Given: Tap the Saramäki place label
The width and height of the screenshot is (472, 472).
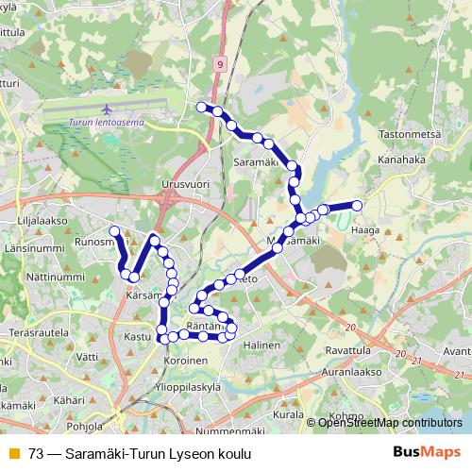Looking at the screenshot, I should click(x=254, y=162).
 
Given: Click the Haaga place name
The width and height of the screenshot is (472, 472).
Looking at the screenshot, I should click(x=364, y=228).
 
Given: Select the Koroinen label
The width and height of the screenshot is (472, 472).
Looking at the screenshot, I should click(x=185, y=360).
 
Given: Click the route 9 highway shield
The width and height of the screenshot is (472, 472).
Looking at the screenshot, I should click(x=219, y=64).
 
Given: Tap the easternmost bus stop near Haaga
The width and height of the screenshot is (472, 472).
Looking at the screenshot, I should click(x=358, y=205).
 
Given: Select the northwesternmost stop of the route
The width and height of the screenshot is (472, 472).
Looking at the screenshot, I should click(x=200, y=107).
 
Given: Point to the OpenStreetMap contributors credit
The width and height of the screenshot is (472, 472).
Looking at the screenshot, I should click(x=390, y=423).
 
